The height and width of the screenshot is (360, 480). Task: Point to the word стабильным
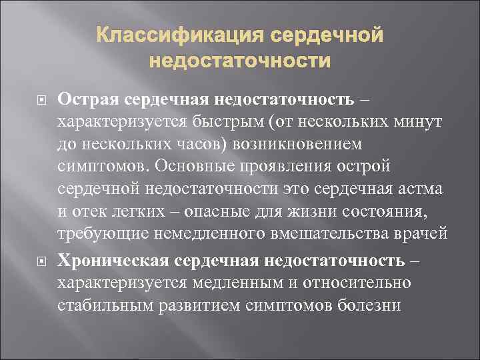pos(100,305)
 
